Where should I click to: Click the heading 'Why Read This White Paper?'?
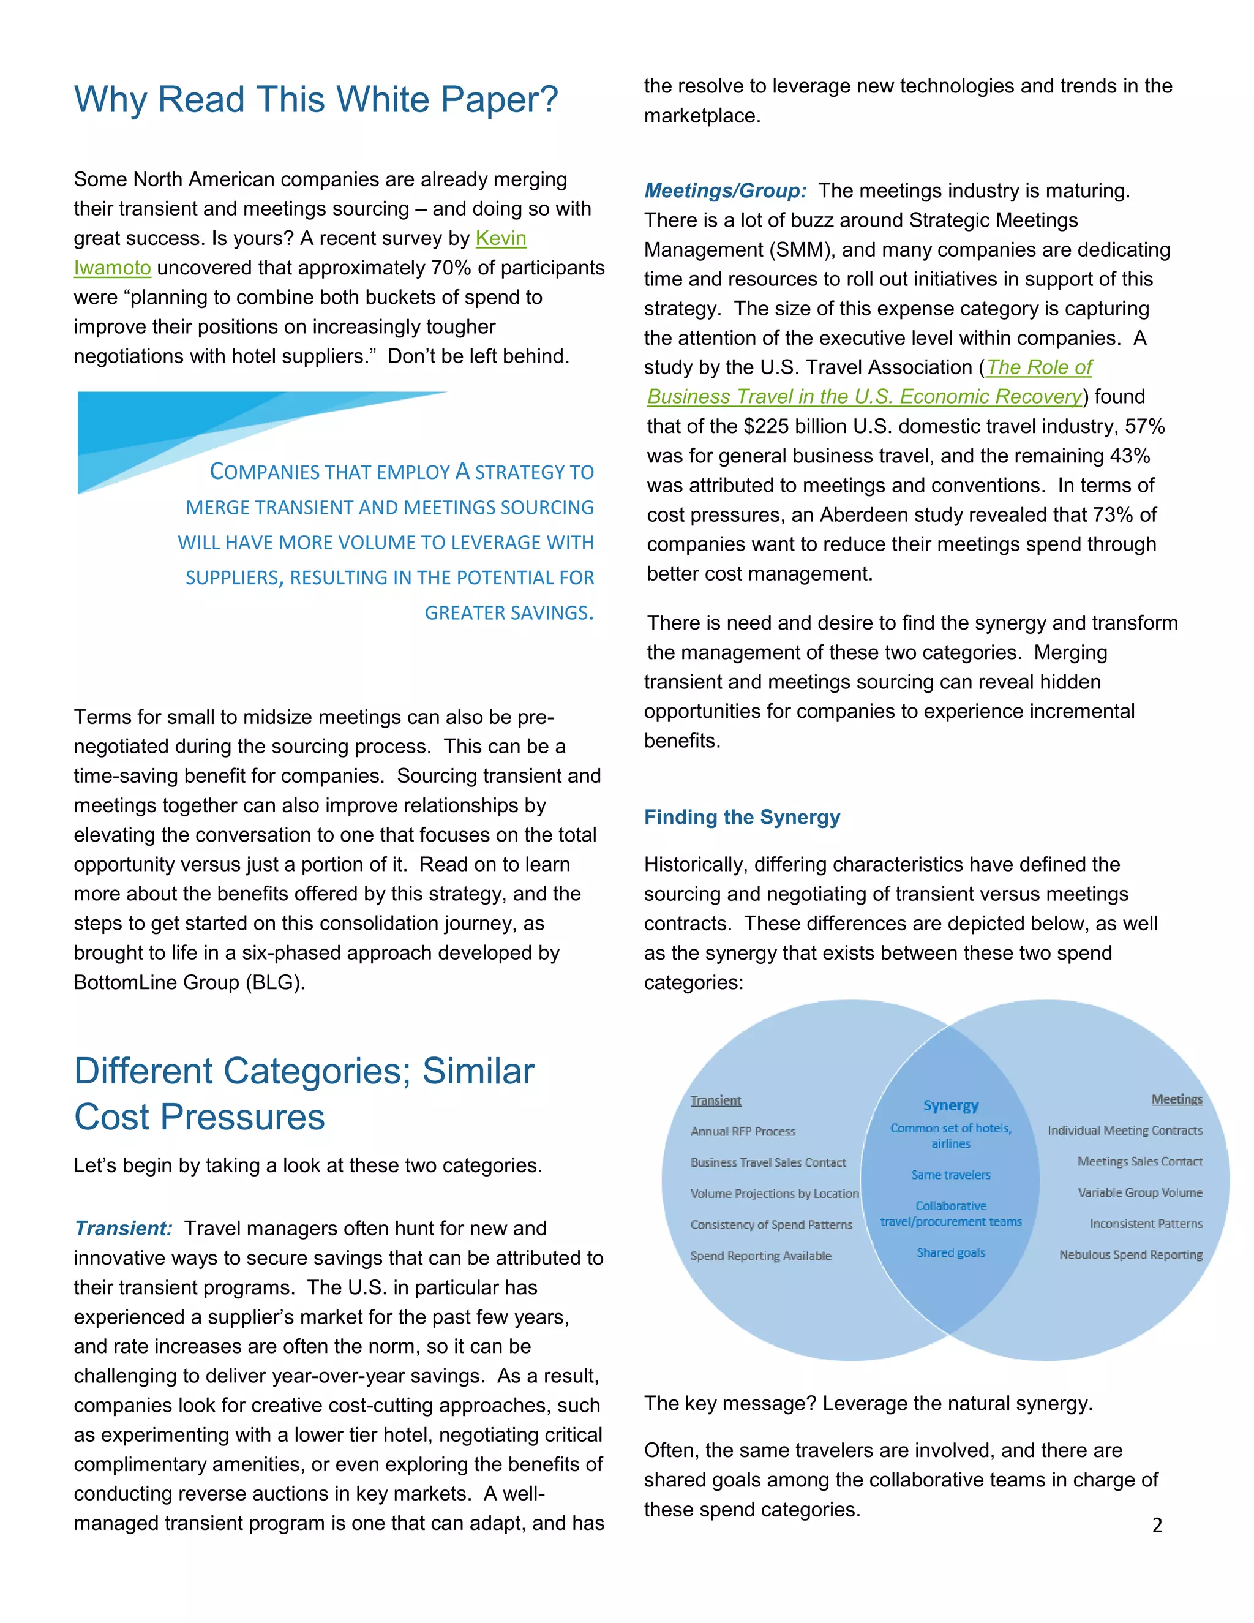pyautogui.click(x=316, y=100)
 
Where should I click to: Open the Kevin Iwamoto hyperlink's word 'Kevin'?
pyautogui.click(x=501, y=238)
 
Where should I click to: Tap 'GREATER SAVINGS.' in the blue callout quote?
pyautogui.click(x=508, y=613)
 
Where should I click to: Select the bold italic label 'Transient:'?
pyautogui.click(x=123, y=1229)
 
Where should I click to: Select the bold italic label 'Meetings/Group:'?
pyautogui.click(x=725, y=191)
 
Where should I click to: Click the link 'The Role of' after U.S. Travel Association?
pyautogui.click(x=1038, y=367)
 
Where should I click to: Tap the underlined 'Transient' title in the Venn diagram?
pyautogui.click(x=715, y=1101)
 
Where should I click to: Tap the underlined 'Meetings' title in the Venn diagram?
pyautogui.click(x=1176, y=1099)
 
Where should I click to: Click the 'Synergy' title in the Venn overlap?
pyautogui.click(x=950, y=1105)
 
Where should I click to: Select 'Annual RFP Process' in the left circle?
pyautogui.click(x=742, y=1132)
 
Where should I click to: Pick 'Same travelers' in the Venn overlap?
pyautogui.click(x=950, y=1175)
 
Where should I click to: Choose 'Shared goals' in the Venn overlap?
pyautogui.click(x=950, y=1253)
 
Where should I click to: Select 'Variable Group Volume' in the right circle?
pyautogui.click(x=1139, y=1192)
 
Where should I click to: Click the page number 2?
pyautogui.click(x=1157, y=1526)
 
